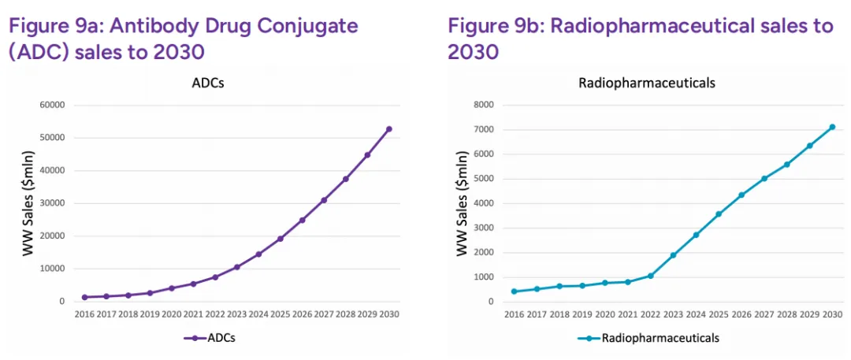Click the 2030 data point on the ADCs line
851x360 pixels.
(x=388, y=129)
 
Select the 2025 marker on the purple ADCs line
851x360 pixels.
(x=280, y=239)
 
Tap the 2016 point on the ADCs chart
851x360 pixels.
(x=84, y=297)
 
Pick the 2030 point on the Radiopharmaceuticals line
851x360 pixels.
(x=832, y=127)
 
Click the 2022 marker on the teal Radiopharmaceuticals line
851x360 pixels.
(x=651, y=276)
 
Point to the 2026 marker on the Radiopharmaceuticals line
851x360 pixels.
(x=741, y=195)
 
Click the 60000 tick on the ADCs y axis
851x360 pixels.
(x=52, y=105)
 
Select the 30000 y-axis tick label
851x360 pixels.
(x=52, y=203)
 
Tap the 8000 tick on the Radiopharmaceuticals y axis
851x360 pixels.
(x=483, y=105)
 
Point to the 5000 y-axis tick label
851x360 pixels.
(x=483, y=179)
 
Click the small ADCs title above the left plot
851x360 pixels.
(x=208, y=83)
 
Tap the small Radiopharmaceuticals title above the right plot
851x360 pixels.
(x=647, y=83)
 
